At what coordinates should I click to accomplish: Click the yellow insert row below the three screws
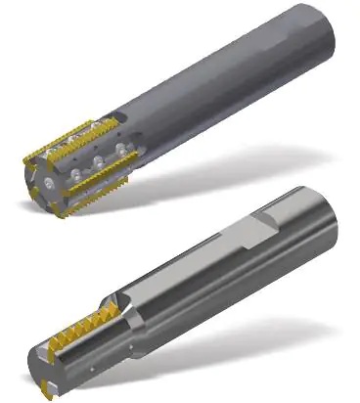[x=98, y=182]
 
